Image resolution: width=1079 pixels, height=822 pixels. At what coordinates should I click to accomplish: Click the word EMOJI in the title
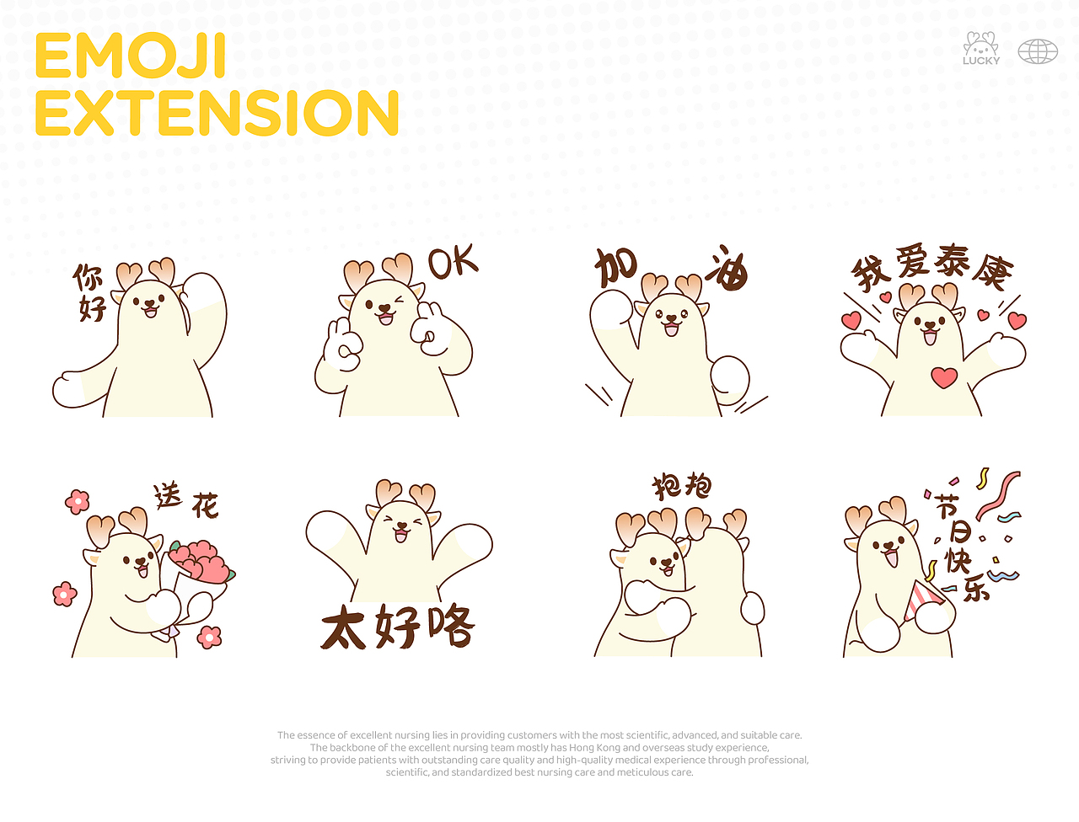coord(131,56)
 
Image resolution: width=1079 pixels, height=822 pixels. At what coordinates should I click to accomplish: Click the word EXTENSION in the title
coord(217,113)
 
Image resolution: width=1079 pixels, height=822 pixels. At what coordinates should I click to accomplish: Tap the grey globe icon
coord(1037,51)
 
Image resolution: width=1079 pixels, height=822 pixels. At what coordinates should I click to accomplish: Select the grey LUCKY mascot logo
coord(980,48)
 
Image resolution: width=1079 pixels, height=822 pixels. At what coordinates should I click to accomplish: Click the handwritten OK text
coord(453,261)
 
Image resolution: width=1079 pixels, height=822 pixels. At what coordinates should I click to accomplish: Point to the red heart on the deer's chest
coord(944,377)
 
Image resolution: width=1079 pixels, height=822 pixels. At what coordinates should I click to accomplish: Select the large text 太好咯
coord(398,626)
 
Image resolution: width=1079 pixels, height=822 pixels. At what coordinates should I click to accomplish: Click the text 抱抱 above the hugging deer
coord(682,486)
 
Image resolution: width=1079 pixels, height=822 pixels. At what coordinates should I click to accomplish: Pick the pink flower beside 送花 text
coord(78,502)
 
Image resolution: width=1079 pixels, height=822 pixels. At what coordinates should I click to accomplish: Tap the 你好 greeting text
coord(89,292)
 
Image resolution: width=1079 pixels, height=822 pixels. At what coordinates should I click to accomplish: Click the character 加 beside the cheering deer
coord(616,268)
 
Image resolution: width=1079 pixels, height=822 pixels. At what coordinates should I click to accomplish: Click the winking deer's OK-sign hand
coord(343,345)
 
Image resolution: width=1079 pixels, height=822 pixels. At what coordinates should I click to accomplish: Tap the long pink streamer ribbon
coord(998,495)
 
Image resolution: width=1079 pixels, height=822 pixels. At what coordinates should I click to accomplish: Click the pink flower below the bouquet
coord(209,637)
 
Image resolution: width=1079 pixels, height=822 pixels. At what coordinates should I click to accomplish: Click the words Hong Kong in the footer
coord(594,747)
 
